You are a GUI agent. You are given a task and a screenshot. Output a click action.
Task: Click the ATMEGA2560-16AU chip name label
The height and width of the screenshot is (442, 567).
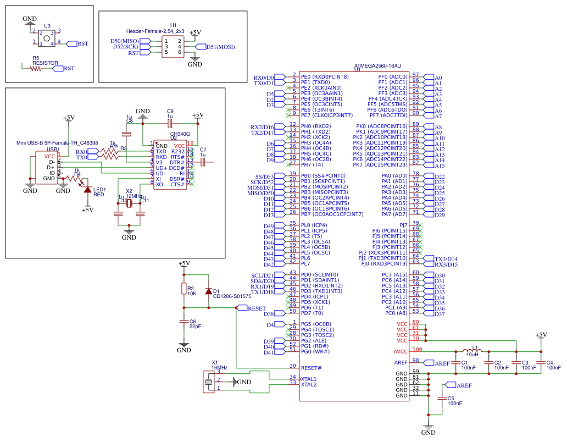pyautogui.click(x=378, y=65)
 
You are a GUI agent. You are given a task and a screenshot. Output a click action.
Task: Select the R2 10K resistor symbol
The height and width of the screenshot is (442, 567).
pyautogui.click(x=184, y=290)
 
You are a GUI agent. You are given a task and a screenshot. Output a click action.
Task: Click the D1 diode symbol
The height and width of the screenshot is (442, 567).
pyautogui.click(x=208, y=291)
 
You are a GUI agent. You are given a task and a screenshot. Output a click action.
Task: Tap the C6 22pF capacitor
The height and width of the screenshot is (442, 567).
pyautogui.click(x=184, y=323)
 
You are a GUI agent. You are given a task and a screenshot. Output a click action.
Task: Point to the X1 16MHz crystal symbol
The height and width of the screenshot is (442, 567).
pyautogui.click(x=209, y=381)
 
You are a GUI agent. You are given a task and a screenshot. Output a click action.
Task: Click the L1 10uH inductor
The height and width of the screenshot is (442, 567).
pyautogui.click(x=472, y=351)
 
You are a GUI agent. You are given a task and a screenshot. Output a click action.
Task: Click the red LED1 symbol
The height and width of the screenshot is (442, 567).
pyautogui.click(x=87, y=189)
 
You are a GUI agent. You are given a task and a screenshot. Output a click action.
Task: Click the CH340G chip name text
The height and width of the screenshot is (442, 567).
pyautogui.click(x=180, y=134)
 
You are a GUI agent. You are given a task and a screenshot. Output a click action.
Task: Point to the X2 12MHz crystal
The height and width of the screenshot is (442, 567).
pyautogui.click(x=129, y=205)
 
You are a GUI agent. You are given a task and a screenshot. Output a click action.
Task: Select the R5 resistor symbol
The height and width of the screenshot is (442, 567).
pyautogui.click(x=37, y=68)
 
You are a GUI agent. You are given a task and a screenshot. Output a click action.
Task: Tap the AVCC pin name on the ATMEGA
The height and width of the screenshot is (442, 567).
pyautogui.click(x=401, y=352)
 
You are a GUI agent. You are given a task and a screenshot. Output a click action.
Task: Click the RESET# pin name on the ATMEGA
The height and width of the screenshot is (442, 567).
pyautogui.click(x=311, y=367)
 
